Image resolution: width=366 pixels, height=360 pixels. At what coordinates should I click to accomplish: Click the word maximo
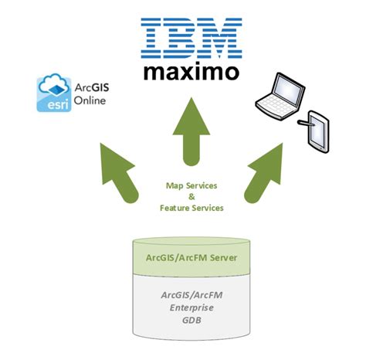click(189, 72)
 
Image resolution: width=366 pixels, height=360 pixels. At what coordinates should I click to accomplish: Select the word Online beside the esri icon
click(90, 100)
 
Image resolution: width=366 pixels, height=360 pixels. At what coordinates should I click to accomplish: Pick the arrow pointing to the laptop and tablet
click(266, 172)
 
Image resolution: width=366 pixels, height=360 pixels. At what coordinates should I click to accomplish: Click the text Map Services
click(191, 185)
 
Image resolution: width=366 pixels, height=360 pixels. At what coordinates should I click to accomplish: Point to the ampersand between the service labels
click(191, 196)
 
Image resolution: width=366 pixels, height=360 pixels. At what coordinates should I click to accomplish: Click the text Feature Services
click(191, 208)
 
